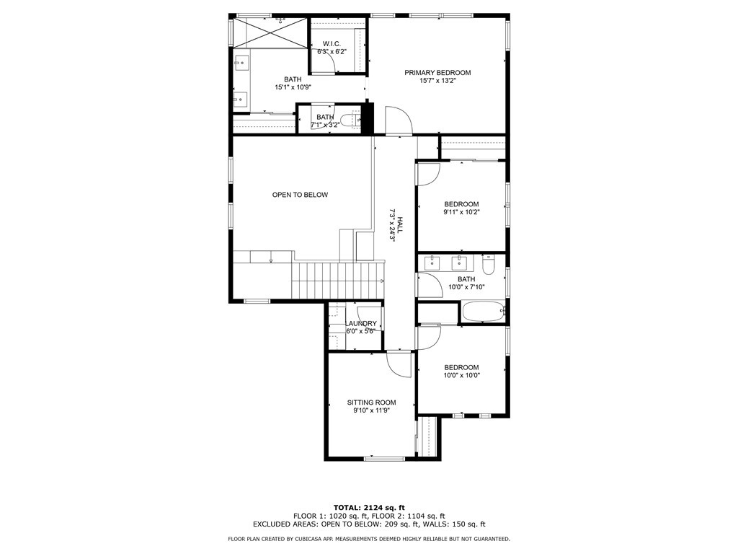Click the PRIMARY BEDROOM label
click(x=437, y=73)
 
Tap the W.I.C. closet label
click(x=332, y=44)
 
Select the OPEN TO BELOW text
click(x=300, y=195)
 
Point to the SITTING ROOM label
click(x=371, y=403)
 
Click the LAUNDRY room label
click(x=361, y=323)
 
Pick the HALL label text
click(x=399, y=225)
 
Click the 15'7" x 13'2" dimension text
click(x=437, y=81)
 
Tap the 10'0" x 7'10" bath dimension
click(x=466, y=287)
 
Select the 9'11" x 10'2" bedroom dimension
click(x=461, y=212)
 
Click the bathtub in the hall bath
click(x=484, y=312)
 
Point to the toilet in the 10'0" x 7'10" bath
click(x=488, y=264)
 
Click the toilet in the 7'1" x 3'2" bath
click(x=350, y=120)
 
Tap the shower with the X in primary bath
click(x=270, y=32)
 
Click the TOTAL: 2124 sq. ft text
click(x=369, y=507)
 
